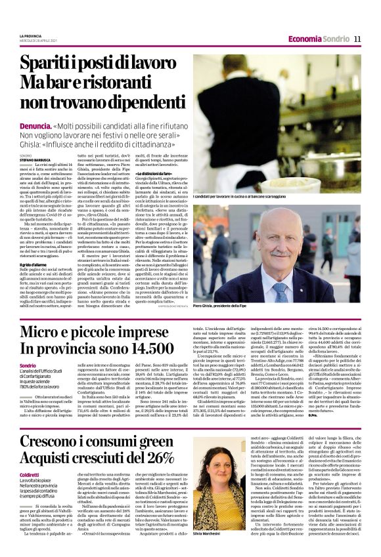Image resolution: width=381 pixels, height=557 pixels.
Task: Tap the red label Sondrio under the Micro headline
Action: [28, 365]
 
